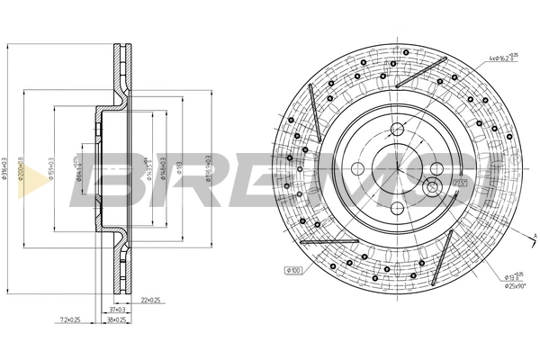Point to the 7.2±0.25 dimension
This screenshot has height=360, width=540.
coord(69,319)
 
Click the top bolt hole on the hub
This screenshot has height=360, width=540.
coord(395,128)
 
